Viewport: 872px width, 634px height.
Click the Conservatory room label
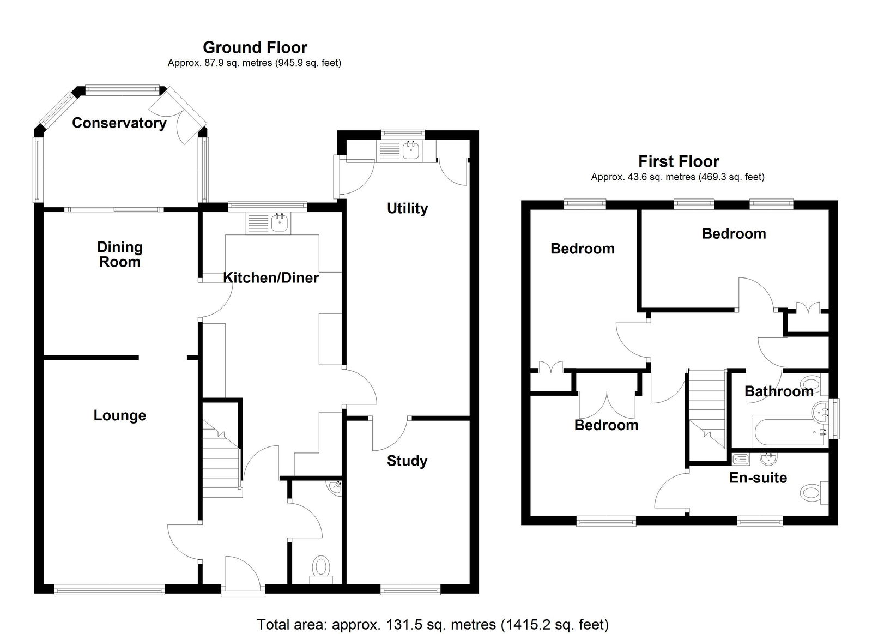119,123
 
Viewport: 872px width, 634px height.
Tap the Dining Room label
120,255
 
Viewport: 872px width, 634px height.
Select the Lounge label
120,415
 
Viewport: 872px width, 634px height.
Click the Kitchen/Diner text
271,277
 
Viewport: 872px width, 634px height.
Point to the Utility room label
407,208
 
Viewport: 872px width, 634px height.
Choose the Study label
407,461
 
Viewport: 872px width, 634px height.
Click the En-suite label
758,478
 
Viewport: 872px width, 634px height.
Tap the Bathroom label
779,391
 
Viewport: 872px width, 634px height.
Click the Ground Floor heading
255,47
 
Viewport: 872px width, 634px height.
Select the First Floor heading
679,161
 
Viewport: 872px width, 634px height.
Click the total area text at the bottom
433,624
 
